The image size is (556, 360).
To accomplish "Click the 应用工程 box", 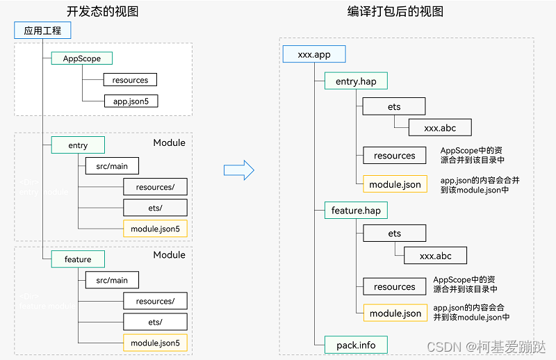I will click(x=42, y=31).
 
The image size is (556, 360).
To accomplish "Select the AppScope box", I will click(x=82, y=59).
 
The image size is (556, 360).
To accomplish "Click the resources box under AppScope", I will click(x=129, y=80).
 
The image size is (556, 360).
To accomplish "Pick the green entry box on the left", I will click(x=78, y=145).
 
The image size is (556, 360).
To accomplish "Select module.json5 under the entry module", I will click(x=154, y=229).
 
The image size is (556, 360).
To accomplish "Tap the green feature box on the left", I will click(x=78, y=259).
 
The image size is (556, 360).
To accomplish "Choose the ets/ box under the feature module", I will click(x=154, y=322).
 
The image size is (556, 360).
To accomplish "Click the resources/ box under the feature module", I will click(x=154, y=301).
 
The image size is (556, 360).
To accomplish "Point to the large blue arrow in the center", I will click(x=238, y=170).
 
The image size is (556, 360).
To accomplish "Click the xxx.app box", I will click(x=313, y=55).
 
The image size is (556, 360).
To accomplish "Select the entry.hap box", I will click(x=356, y=81).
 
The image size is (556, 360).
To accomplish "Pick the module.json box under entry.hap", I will click(x=395, y=184).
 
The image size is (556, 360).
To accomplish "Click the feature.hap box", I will click(x=356, y=210).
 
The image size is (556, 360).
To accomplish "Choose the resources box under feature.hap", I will click(x=394, y=286).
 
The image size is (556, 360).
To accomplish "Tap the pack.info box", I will click(x=356, y=344).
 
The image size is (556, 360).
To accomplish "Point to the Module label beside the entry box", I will click(x=169, y=143).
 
